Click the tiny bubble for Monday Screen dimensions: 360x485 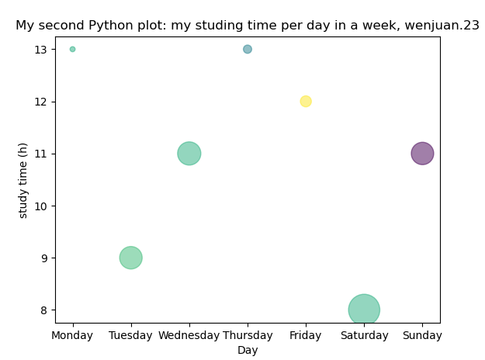pyautogui.click(x=72, y=49)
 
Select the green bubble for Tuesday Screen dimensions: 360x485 pyautogui.click(x=130, y=258)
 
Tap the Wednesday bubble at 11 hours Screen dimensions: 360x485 pyautogui.click(x=189, y=153)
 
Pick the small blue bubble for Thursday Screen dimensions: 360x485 pyautogui.click(x=248, y=49)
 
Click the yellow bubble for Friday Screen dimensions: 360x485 pyautogui.click(x=306, y=101)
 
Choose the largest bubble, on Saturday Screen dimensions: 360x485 pyautogui.click(x=364, y=310)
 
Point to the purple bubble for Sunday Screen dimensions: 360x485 pyautogui.click(x=422, y=153)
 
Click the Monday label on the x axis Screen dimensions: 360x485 pyautogui.click(x=72, y=335)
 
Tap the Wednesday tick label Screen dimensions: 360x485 pyautogui.click(x=189, y=335)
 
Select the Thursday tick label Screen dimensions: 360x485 pyautogui.click(x=248, y=335)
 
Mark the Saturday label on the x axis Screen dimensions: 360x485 pyautogui.click(x=364, y=335)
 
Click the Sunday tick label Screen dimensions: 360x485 pyautogui.click(x=422, y=335)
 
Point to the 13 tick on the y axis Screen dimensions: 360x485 pyautogui.click(x=40, y=49)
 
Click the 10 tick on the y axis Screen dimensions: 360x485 pyautogui.click(x=40, y=206)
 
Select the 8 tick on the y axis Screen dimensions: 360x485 pyautogui.click(x=43, y=310)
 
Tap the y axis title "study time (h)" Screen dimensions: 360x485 pyautogui.click(x=23, y=180)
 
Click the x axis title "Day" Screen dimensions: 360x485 pyautogui.click(x=248, y=350)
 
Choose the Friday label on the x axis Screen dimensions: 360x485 pyautogui.click(x=306, y=335)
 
